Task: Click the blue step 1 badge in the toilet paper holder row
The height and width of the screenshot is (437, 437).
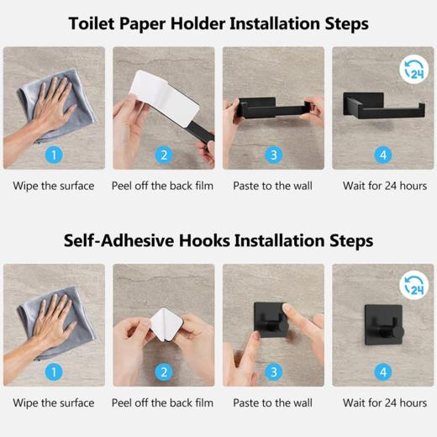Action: tap(54, 155)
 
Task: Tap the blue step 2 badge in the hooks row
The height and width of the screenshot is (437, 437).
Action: tap(164, 372)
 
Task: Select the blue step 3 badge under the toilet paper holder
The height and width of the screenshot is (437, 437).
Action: tap(273, 155)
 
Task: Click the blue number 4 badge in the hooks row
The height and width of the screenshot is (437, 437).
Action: tap(383, 372)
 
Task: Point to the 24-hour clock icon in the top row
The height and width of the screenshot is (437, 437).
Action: tap(414, 70)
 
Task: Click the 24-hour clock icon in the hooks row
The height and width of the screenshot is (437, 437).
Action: tap(414, 286)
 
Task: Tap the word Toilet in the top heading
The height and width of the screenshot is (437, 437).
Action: tap(92, 24)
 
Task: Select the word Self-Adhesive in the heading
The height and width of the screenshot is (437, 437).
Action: tap(118, 241)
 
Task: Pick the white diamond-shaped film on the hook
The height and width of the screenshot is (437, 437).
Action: tap(166, 325)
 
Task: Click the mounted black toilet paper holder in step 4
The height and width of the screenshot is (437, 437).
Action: tap(384, 106)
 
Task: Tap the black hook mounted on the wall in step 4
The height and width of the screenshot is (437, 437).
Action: tap(384, 325)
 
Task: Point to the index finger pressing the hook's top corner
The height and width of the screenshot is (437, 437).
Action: tap(301, 322)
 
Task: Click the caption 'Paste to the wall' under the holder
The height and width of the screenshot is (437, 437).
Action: tap(272, 186)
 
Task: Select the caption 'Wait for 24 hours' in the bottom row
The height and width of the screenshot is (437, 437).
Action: tap(385, 403)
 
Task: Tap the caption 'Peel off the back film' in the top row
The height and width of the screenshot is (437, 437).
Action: tap(162, 186)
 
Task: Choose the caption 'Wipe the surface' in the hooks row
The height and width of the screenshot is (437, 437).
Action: tap(54, 403)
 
